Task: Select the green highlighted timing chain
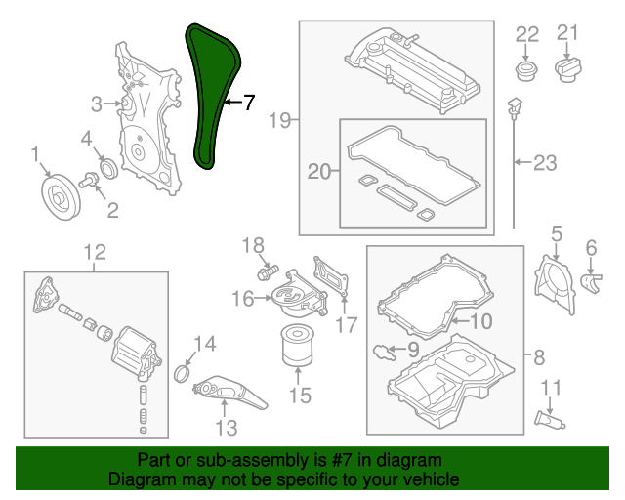pyautogui.click(x=208, y=98)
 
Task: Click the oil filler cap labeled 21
pyautogui.click(x=567, y=67)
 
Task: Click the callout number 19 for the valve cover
pyautogui.click(x=280, y=121)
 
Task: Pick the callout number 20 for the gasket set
pyautogui.click(x=319, y=172)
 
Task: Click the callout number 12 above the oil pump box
pyautogui.click(x=94, y=253)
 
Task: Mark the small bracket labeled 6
pyautogui.click(x=591, y=282)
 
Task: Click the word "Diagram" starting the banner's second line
pyautogui.click(x=140, y=479)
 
